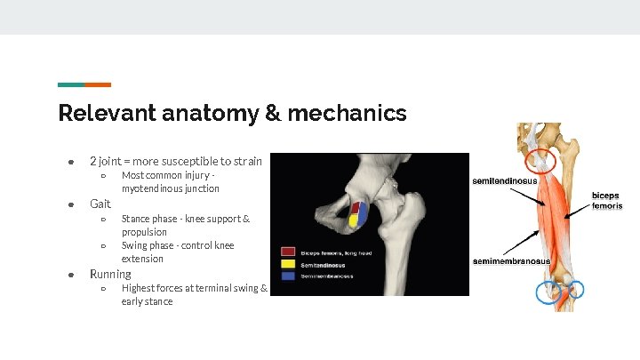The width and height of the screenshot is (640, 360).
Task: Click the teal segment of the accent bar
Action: pos(71,84)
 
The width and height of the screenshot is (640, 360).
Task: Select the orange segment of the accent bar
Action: pos(98,84)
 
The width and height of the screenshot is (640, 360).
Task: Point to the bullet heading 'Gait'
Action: pos(100,204)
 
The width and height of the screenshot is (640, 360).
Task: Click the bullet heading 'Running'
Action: pos(110,274)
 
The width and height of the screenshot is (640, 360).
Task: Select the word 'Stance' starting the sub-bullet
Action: pos(136,219)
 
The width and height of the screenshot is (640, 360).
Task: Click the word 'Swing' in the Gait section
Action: pos(134,245)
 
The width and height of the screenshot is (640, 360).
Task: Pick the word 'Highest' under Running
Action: pos(138,288)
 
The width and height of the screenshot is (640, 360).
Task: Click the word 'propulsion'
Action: pos(144,232)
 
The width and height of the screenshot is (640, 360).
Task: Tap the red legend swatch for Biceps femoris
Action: pos(288,252)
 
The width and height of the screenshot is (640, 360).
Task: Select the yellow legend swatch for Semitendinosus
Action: pos(288,264)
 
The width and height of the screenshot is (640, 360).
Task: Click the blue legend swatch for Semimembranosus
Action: pos(288,276)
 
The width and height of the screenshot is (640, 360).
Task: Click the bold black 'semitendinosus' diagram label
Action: pos(504,181)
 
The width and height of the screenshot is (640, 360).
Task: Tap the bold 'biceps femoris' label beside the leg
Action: pos(607,200)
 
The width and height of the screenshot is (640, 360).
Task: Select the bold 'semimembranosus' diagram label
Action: pos(510,261)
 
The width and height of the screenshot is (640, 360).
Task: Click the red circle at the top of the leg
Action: pos(540,160)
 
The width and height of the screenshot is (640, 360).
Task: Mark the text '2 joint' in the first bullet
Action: pos(105,161)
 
